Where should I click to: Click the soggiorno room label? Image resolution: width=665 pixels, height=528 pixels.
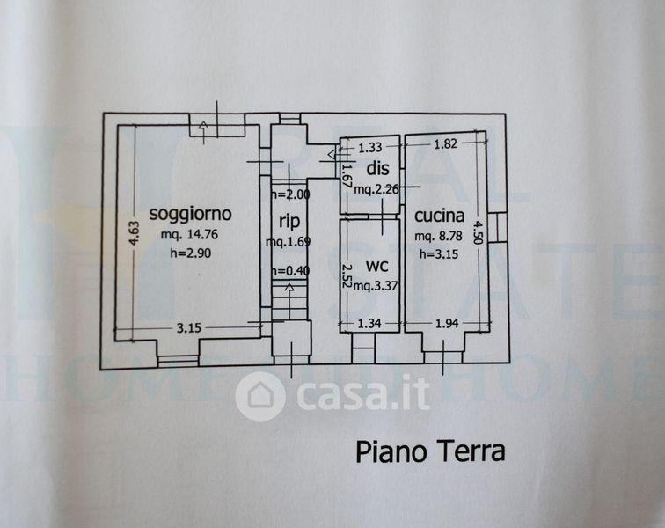[190, 213]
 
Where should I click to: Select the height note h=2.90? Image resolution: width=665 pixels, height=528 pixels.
[191, 253]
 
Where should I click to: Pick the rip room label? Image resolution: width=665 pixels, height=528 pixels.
[290, 222]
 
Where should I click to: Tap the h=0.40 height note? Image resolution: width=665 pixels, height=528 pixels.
[289, 270]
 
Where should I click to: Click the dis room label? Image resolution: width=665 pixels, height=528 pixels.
[377, 168]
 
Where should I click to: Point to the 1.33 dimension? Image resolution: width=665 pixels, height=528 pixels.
[370, 148]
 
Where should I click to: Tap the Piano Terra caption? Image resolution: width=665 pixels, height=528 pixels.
[430, 451]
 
